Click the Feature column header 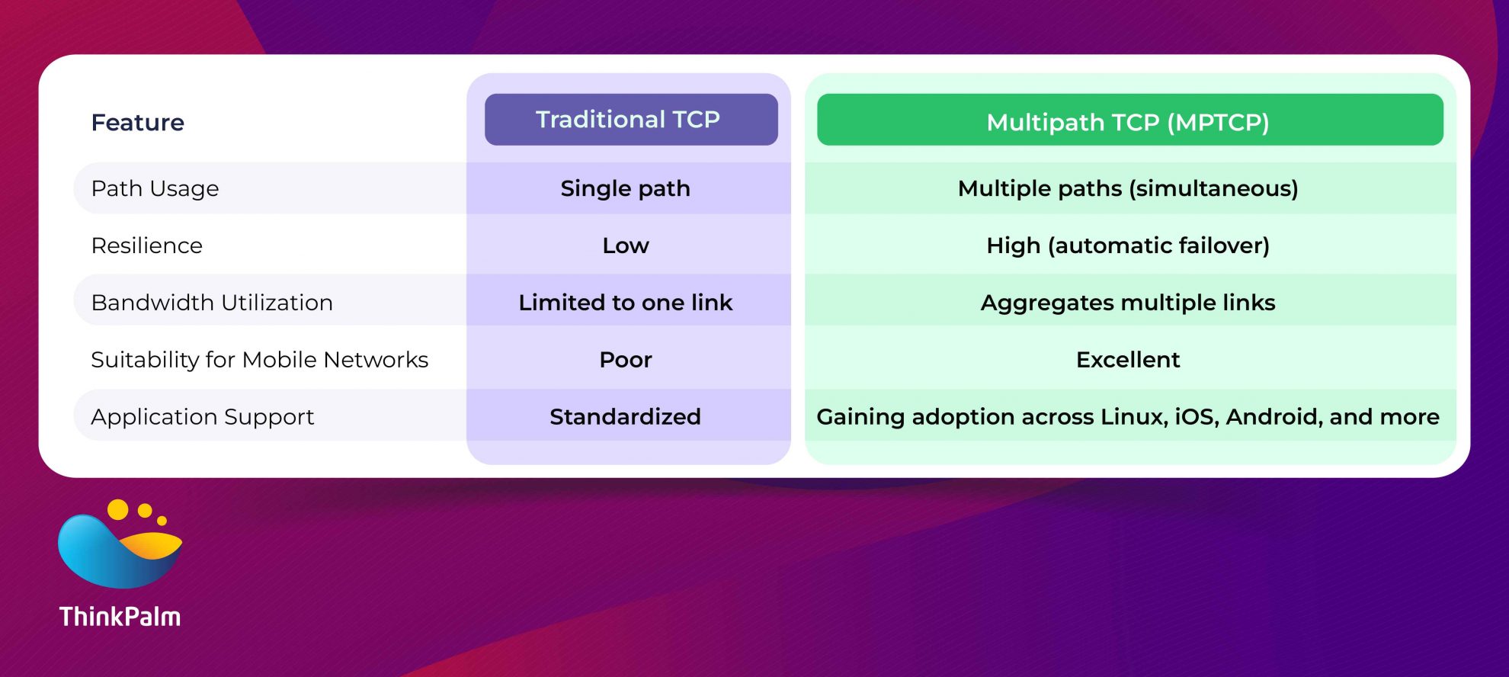(137, 122)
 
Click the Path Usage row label (155, 188)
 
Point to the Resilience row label (146, 245)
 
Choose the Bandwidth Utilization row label (212, 303)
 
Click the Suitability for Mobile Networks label (259, 360)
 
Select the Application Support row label (202, 417)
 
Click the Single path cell (625, 188)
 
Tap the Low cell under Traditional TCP (625, 245)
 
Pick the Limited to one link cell (625, 303)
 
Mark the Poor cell (625, 360)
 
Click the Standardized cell (625, 417)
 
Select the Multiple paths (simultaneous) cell (1128, 188)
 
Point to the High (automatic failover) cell (1128, 245)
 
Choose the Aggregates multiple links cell (1128, 303)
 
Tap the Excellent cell (1128, 360)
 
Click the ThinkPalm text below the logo (120, 616)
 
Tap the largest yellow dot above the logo (117, 509)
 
